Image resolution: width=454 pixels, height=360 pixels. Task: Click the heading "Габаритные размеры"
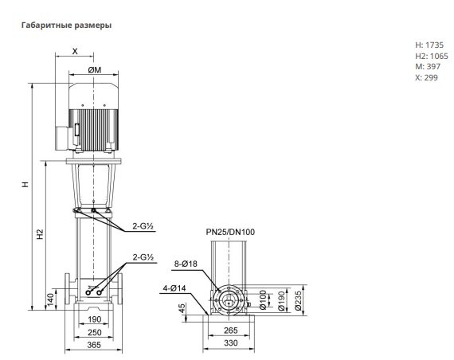click(x=66, y=25)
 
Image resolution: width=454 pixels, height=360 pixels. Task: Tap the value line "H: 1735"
click(x=429, y=45)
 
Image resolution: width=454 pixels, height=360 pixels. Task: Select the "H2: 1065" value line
click(x=432, y=56)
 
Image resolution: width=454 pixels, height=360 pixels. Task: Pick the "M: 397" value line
click(x=428, y=67)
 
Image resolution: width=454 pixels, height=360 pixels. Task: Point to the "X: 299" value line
click(x=426, y=77)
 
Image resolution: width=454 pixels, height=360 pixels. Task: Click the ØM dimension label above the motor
click(x=95, y=70)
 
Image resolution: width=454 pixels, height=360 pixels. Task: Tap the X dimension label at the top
click(x=75, y=51)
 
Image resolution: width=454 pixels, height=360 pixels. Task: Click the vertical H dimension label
click(x=25, y=184)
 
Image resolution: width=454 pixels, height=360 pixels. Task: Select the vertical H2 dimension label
click(x=40, y=234)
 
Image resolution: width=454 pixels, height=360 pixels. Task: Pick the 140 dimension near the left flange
click(x=50, y=300)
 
